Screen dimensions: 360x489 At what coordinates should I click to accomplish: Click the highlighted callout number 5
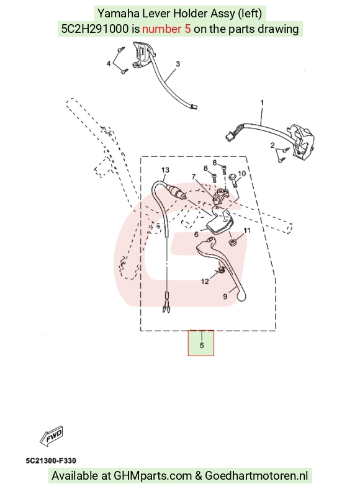(202, 345)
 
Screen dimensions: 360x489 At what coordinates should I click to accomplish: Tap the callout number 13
(165, 170)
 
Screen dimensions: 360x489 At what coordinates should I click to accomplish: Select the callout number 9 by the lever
(225, 296)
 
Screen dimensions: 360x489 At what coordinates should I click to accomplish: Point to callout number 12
(205, 282)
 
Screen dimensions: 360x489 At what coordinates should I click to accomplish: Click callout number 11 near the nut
(247, 230)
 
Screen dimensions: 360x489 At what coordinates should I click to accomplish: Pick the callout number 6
(196, 234)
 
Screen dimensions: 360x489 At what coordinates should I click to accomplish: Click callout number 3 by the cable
(178, 64)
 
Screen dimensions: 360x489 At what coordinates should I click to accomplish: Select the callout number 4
(109, 64)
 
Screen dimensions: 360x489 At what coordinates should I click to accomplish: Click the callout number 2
(272, 145)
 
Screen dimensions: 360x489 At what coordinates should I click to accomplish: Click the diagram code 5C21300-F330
(51, 460)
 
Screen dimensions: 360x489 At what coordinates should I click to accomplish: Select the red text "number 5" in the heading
(166, 29)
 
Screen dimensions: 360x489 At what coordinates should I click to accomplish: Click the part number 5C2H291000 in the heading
(95, 29)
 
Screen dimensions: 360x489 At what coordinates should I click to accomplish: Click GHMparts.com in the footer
(153, 476)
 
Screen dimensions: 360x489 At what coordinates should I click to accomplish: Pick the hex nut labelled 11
(232, 241)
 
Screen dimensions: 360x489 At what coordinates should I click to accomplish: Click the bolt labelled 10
(233, 181)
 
